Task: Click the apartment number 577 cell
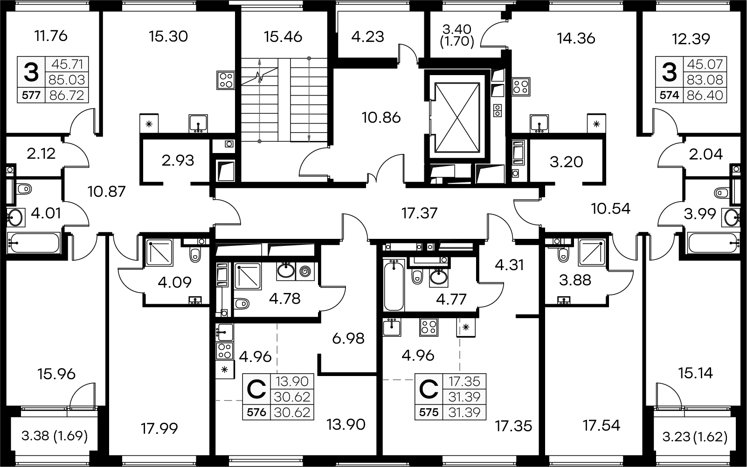tap(31, 95)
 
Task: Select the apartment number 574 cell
tap(669, 95)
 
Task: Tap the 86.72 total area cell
tap(67, 95)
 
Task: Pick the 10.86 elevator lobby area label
tap(381, 118)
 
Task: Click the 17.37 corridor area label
tap(419, 213)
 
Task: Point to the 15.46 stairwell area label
tap(283, 37)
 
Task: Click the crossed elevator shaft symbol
tap(457, 118)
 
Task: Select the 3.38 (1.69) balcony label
tap(55, 436)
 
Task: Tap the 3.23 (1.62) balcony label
tap(695, 437)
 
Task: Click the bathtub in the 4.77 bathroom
tap(394, 285)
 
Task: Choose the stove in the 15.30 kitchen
tap(226, 80)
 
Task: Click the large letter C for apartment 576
tap(256, 389)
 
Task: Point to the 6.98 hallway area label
tap(348, 339)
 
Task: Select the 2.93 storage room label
tap(178, 161)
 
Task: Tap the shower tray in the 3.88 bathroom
tap(592, 252)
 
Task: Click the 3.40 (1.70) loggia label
tap(457, 36)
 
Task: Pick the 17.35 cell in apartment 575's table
tap(464, 381)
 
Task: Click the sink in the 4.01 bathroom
tap(15, 218)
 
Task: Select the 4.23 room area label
tap(368, 37)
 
